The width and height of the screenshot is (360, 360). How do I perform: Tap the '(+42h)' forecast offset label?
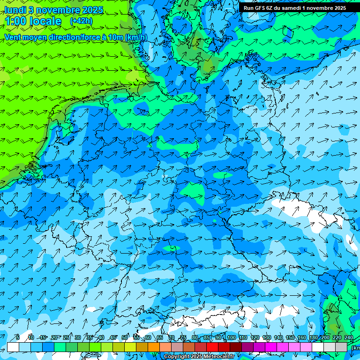81,21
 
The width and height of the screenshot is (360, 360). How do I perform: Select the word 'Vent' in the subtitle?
13,37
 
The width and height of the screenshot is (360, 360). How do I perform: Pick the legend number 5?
17,337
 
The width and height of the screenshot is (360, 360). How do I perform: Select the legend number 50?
125,337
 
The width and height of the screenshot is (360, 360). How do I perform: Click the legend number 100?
232,337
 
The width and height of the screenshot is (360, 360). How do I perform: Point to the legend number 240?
348,337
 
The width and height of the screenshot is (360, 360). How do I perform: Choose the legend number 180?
314,337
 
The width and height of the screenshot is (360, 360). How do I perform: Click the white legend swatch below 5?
13,347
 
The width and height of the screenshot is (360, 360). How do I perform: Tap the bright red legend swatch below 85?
212,347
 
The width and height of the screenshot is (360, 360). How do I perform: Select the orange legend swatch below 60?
154,347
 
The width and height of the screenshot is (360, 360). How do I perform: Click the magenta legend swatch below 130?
271,347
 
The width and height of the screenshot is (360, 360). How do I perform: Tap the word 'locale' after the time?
45,22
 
